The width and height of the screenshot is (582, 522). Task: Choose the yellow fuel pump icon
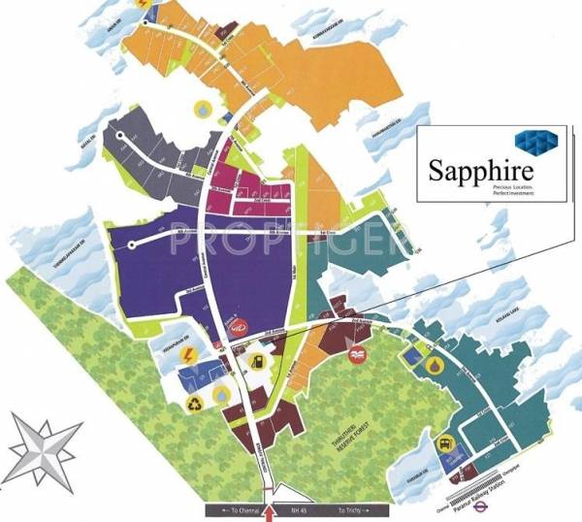pos(256,363)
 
